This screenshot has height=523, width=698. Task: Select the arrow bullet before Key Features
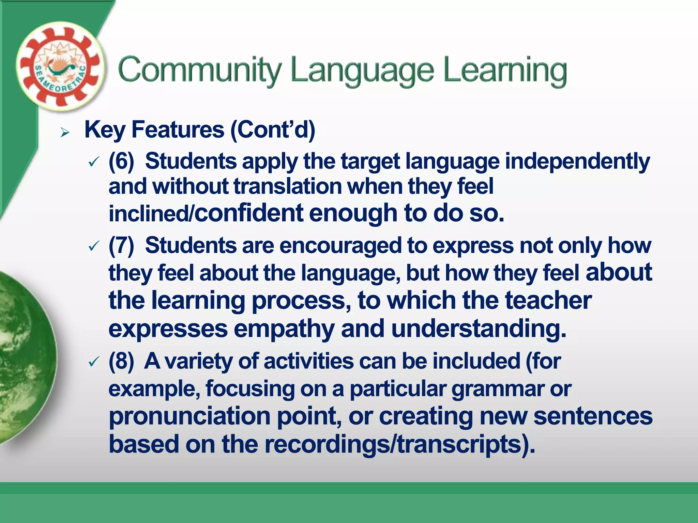tap(65, 132)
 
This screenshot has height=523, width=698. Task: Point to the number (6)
tap(121, 161)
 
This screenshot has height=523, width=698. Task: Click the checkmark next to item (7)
tap(94, 246)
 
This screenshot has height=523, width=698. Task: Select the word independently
tap(577, 162)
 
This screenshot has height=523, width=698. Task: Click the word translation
tap(288, 187)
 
